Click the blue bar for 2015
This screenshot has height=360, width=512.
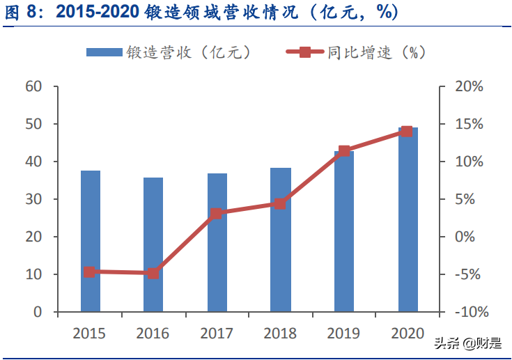[90, 241]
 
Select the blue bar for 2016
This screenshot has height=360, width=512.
[153, 244]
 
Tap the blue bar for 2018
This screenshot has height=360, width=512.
[280, 240]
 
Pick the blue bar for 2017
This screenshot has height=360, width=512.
[217, 242]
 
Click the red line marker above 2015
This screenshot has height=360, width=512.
[89, 272]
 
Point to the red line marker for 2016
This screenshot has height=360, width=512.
[153, 274]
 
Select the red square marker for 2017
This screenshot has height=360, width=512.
[217, 214]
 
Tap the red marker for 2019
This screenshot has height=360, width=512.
[344, 151]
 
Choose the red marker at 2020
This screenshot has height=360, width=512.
[407, 132]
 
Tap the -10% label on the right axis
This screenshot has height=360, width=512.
[465, 312]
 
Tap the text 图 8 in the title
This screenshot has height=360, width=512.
[25, 12]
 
